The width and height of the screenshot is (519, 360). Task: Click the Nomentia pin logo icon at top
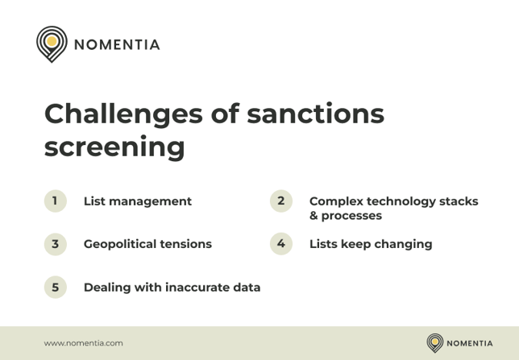(x=52, y=43)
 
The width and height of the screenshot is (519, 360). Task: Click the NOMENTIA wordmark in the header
(x=117, y=44)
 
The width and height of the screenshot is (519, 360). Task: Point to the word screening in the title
(x=114, y=147)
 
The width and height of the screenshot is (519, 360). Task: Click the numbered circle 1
(x=55, y=201)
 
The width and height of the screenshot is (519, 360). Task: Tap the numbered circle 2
(x=280, y=201)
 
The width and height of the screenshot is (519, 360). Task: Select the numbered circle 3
(x=55, y=244)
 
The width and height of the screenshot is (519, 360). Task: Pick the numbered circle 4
(x=280, y=244)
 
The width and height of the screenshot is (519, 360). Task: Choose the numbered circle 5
(x=55, y=287)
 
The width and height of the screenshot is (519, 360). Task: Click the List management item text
(x=138, y=201)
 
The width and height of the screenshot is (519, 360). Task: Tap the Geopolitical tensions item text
(x=147, y=244)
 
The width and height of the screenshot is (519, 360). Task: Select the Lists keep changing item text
(x=371, y=244)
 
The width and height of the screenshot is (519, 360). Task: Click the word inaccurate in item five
(x=197, y=288)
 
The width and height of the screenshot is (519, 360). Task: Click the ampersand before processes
(x=314, y=216)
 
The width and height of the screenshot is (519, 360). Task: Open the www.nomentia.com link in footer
(x=84, y=343)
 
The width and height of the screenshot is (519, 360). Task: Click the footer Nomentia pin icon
(x=435, y=343)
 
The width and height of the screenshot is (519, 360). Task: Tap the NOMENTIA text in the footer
(x=469, y=343)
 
